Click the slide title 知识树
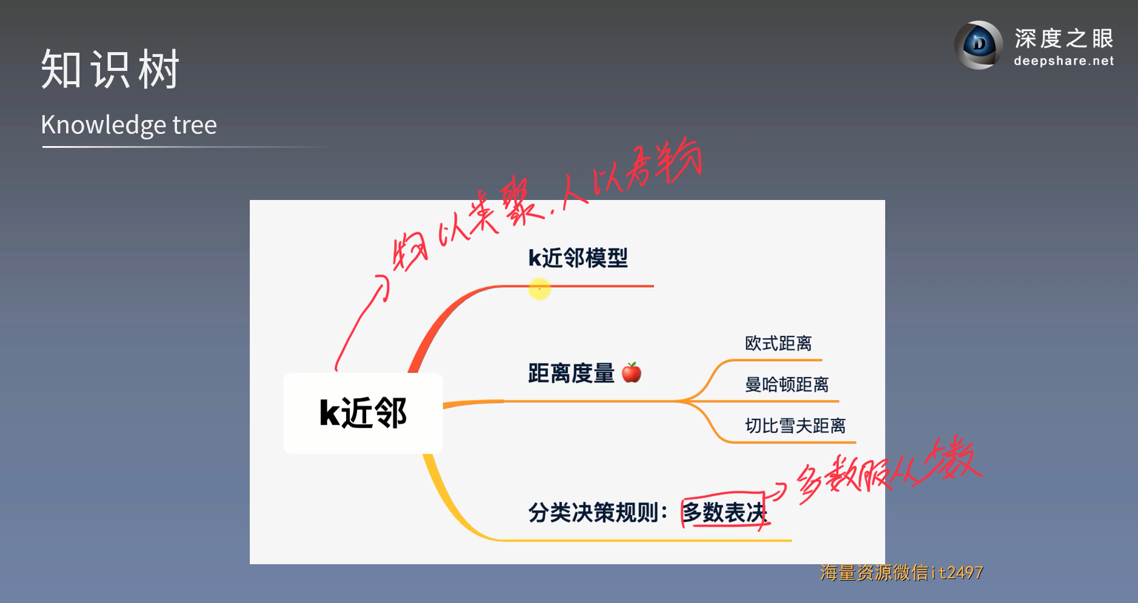point(110,69)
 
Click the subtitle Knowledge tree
point(129,125)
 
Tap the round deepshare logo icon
point(979,45)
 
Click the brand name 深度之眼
point(1064,39)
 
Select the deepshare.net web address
point(1063,61)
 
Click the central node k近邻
point(363,413)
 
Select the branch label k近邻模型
point(578,258)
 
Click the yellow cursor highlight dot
point(539,288)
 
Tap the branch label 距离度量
point(571,373)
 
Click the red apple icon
point(632,372)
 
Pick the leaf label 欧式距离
point(778,344)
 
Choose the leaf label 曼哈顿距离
point(786,384)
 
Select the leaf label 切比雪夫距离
point(795,425)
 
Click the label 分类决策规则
point(597,513)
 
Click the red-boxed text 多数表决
point(724,513)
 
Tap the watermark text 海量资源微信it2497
point(901,573)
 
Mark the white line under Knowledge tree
point(182,147)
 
